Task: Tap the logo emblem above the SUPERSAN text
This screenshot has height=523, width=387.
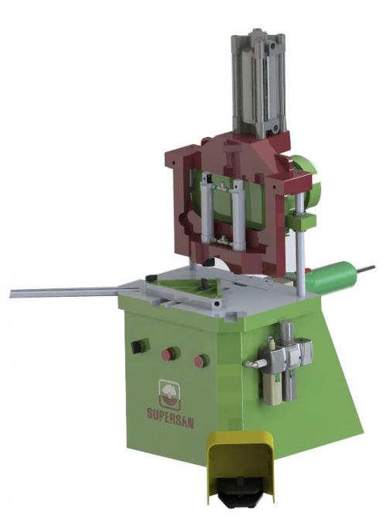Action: [x=170, y=394]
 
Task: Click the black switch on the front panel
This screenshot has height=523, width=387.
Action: [x=140, y=346]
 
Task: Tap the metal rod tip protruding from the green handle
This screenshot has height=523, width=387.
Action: [x=366, y=268]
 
